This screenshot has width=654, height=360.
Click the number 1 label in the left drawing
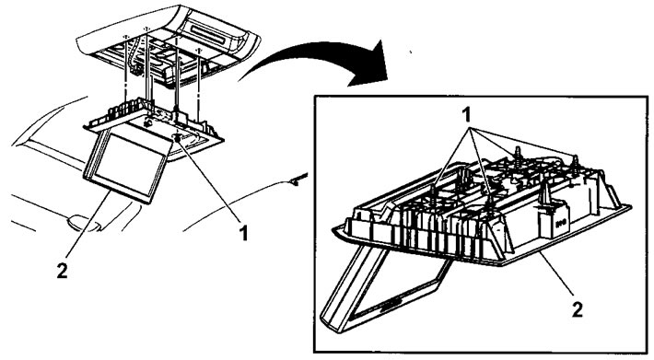click(243, 233)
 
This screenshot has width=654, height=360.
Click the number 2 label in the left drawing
click(62, 272)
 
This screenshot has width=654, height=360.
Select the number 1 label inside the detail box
click(467, 114)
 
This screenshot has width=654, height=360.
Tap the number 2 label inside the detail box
click(577, 309)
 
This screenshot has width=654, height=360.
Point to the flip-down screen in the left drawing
click(128, 164)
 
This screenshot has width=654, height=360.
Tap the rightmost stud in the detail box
click(576, 163)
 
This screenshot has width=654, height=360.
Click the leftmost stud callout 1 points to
click(433, 194)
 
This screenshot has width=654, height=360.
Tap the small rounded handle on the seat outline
click(84, 222)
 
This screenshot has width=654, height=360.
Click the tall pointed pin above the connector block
click(545, 193)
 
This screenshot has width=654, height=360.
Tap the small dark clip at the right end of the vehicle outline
click(298, 180)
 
